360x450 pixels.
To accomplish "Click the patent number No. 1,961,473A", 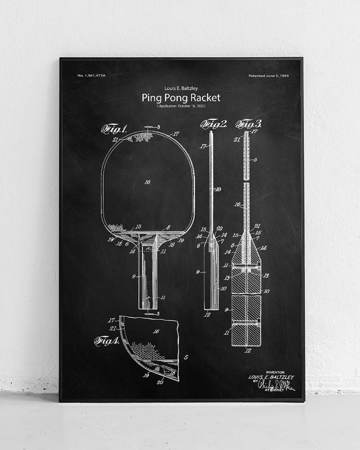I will click(x=92, y=76).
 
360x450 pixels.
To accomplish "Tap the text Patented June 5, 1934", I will click(x=268, y=76).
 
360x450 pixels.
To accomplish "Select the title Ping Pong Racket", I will click(x=181, y=98).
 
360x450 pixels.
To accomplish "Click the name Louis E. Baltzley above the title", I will click(x=181, y=88).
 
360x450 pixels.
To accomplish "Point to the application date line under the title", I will click(x=181, y=106).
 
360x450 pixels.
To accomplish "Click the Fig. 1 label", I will click(x=114, y=129).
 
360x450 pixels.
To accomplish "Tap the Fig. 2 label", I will click(x=214, y=124).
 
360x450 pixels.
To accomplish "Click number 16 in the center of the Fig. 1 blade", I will click(x=147, y=182).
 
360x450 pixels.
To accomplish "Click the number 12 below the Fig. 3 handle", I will click(x=248, y=351).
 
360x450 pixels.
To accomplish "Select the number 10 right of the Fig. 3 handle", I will click(x=266, y=291).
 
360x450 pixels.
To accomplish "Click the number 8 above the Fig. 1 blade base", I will click(x=168, y=227).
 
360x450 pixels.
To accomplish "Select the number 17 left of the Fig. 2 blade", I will click(x=203, y=146).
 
